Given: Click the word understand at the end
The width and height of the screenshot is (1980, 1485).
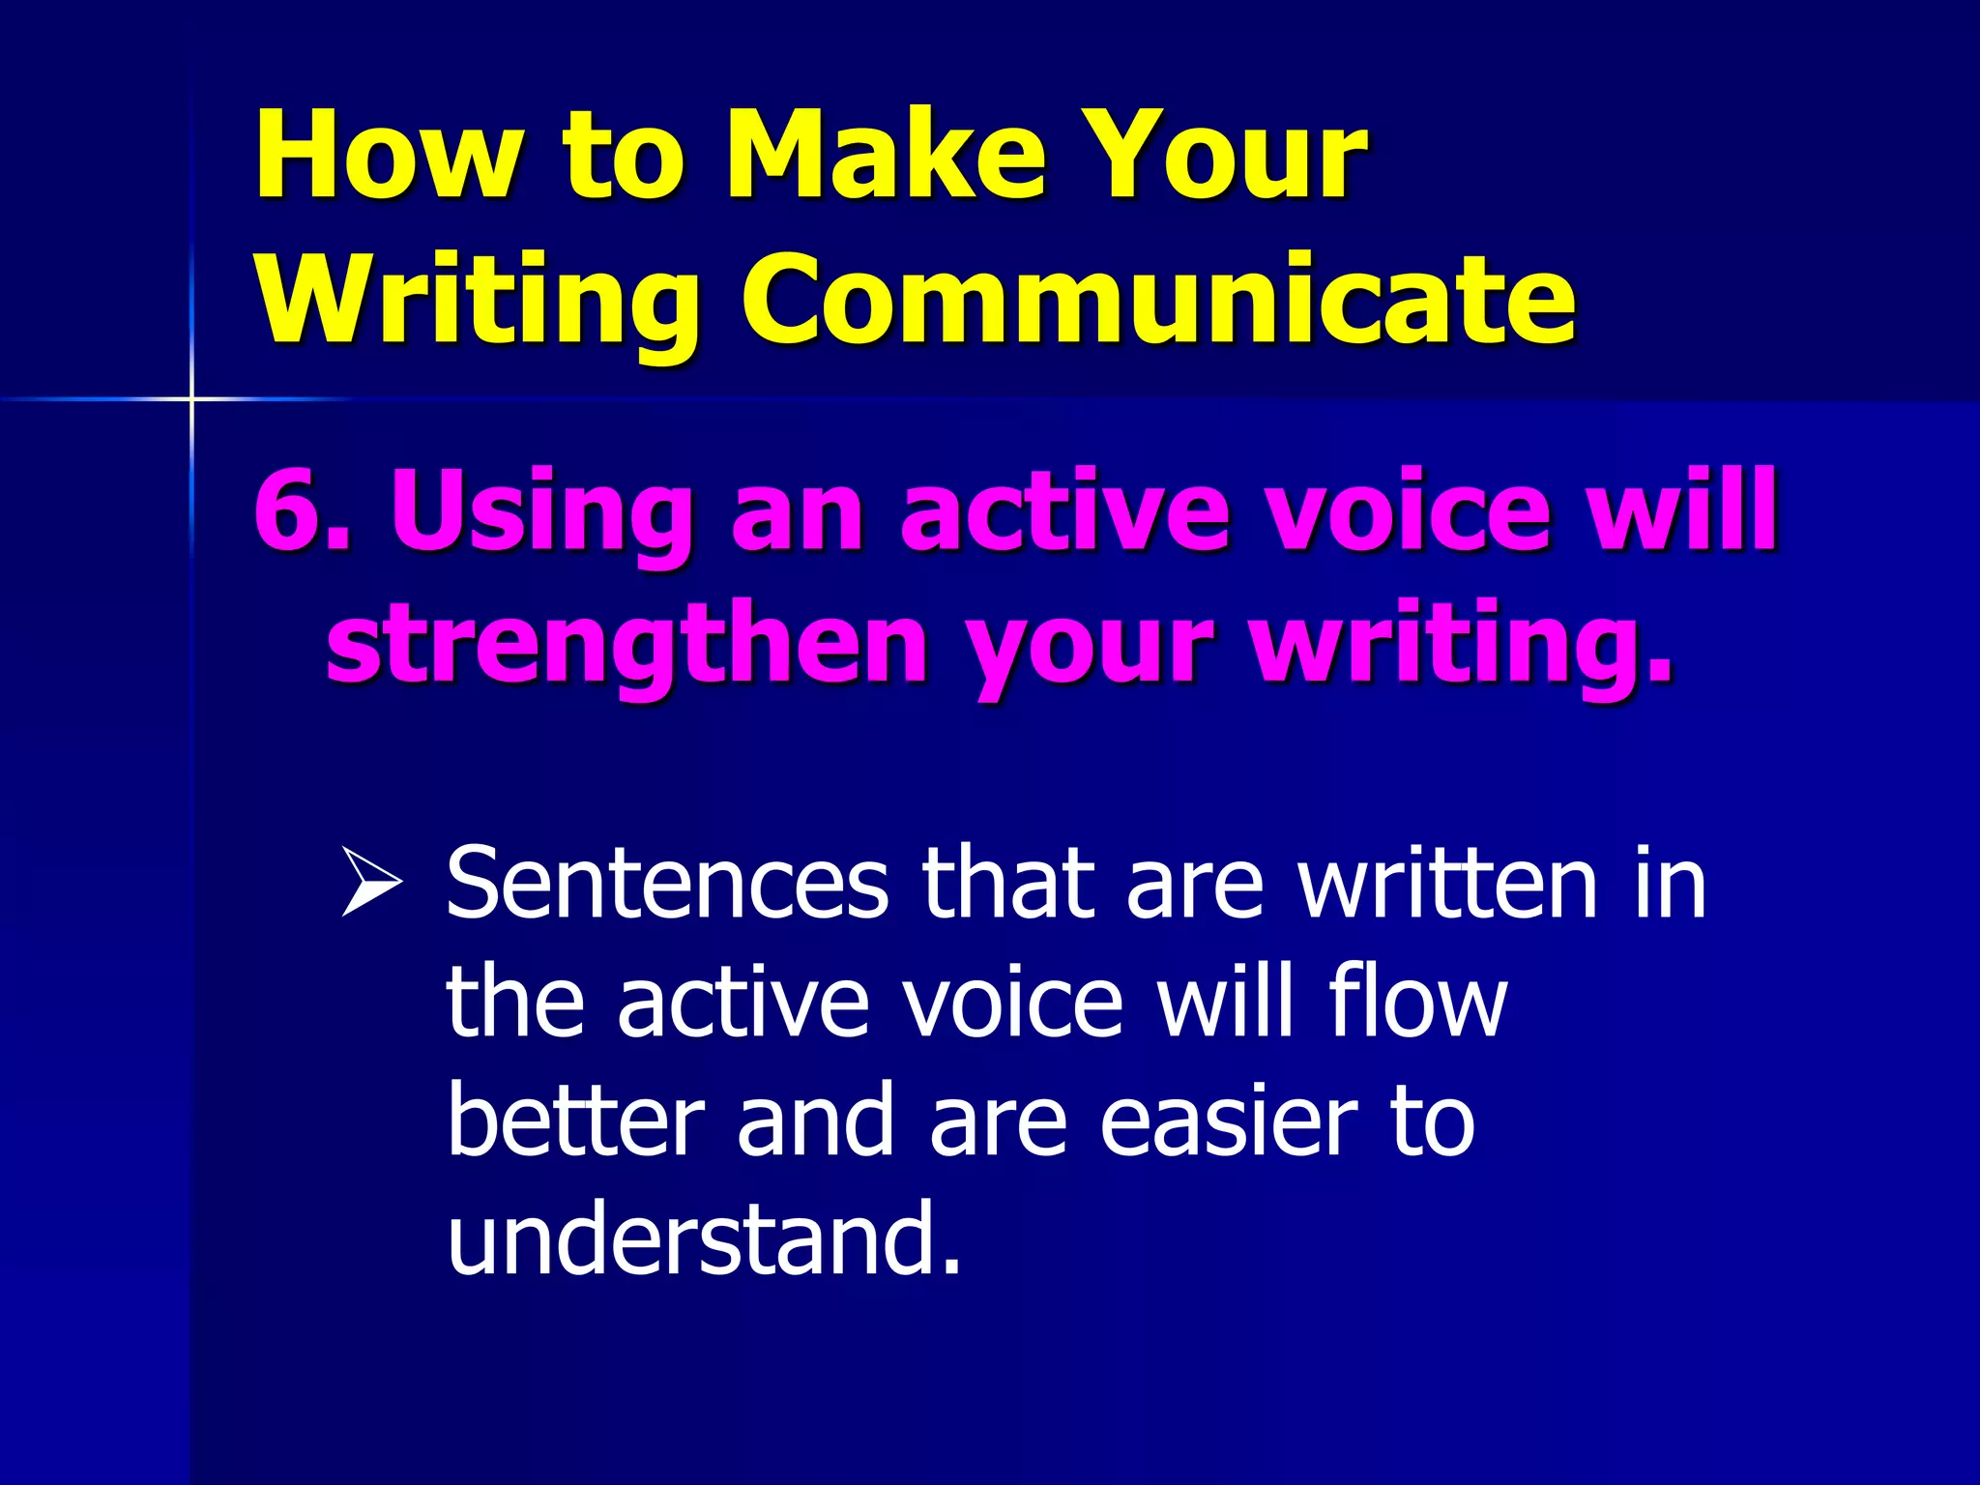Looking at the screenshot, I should (703, 1239).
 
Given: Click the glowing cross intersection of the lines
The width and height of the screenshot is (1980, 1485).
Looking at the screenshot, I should (191, 398).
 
